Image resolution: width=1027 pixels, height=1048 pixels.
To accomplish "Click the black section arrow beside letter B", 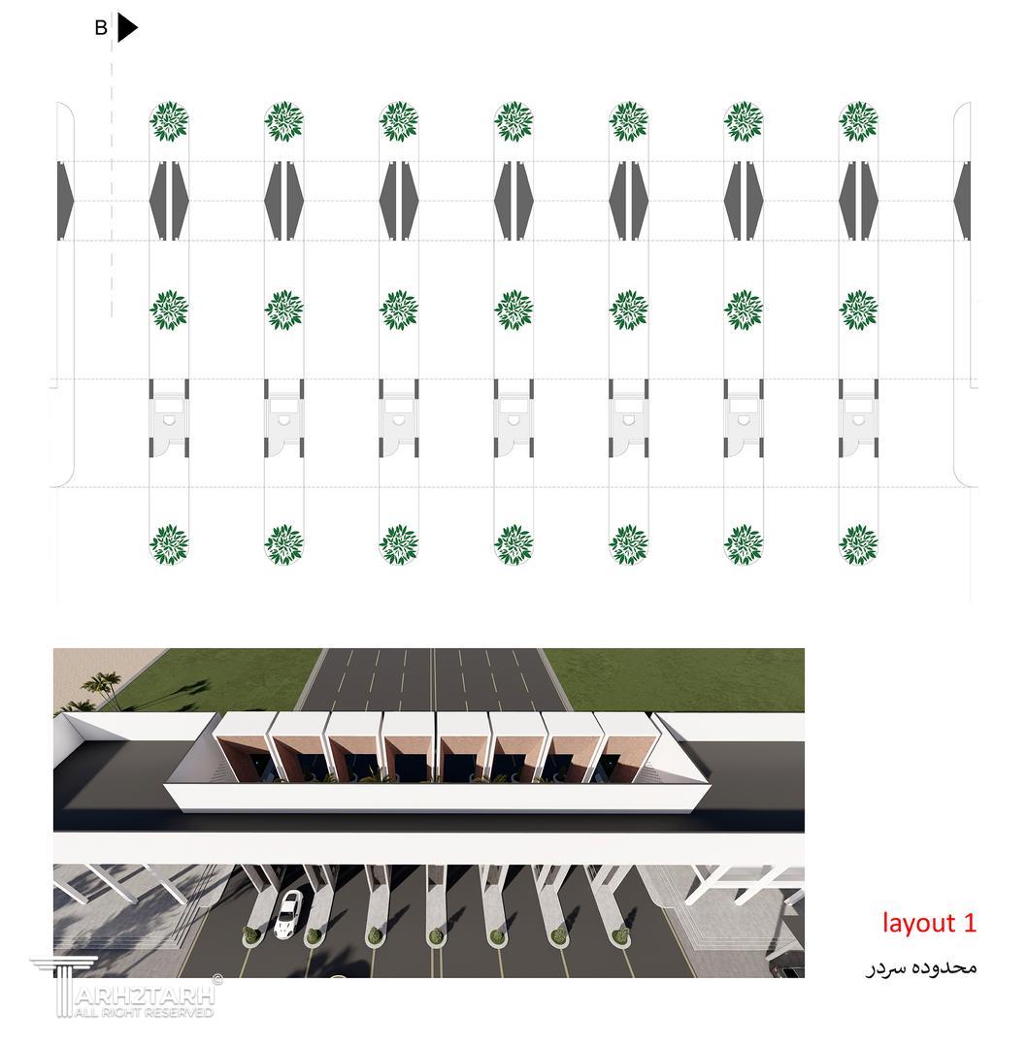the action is [x=126, y=27].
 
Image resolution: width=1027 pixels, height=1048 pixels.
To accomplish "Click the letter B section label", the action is [x=101, y=28].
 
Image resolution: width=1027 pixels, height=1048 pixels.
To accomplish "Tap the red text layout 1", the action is [x=929, y=923].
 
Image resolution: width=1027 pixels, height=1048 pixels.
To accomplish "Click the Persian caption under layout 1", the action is [x=922, y=967].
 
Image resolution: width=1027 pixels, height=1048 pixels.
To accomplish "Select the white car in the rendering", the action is [x=288, y=913].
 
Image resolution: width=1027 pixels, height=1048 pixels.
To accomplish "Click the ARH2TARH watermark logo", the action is [x=124, y=987].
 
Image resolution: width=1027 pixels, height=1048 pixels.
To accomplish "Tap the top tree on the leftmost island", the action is [x=169, y=121].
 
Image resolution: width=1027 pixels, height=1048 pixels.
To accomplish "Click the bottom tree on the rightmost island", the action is [x=858, y=544].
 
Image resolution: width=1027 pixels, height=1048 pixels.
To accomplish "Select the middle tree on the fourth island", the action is [x=513, y=311].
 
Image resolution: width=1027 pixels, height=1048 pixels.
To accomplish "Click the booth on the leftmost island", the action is [x=169, y=418].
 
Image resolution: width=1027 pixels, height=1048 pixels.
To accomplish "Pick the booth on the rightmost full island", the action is [x=858, y=418].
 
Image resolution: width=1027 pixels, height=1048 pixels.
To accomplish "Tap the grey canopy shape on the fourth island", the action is [x=513, y=200].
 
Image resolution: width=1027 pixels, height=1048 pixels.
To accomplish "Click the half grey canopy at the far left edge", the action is [x=66, y=200].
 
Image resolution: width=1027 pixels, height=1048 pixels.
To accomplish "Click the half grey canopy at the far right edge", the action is [x=962, y=200].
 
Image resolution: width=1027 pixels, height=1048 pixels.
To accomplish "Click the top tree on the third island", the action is [x=399, y=121].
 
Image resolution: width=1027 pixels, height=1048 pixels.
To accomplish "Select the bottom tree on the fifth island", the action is [x=628, y=544].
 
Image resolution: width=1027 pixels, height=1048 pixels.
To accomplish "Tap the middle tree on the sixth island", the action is [x=744, y=311].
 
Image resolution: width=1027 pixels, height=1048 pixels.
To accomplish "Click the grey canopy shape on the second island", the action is [x=284, y=200].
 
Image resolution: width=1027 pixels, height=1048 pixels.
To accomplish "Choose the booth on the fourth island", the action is [x=513, y=418].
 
